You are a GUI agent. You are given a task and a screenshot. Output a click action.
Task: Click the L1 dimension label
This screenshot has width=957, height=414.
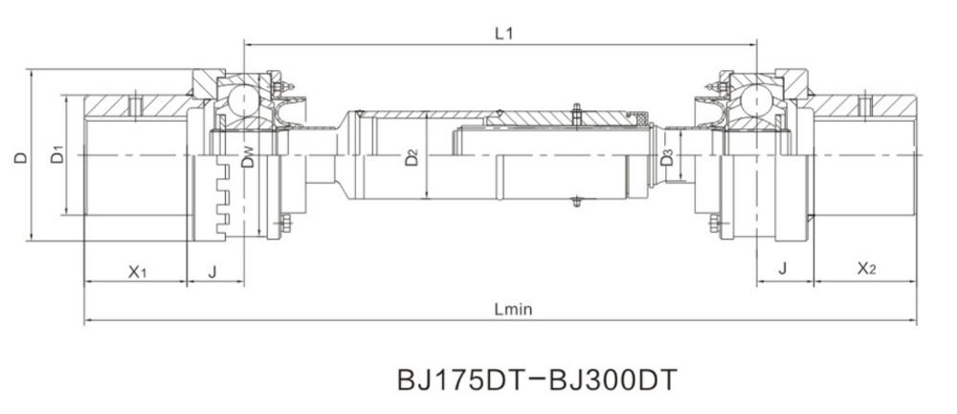pyautogui.click(x=503, y=33)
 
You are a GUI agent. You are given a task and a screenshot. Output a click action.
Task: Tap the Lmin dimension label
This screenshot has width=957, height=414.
pyautogui.click(x=513, y=310)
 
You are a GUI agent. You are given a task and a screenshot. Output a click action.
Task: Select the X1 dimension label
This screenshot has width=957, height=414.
pyautogui.click(x=137, y=271)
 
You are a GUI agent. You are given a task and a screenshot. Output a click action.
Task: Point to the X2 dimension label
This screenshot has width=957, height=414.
pyautogui.click(x=867, y=267)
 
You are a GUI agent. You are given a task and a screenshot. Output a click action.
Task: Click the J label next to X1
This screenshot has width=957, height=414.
pyautogui.click(x=212, y=271)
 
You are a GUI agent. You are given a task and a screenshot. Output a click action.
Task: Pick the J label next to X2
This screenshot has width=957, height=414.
pyautogui.click(x=783, y=267)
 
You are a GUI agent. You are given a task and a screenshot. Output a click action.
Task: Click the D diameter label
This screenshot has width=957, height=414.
pyautogui.click(x=21, y=157)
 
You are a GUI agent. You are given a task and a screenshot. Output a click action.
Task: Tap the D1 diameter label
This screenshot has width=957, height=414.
pyautogui.click(x=57, y=154)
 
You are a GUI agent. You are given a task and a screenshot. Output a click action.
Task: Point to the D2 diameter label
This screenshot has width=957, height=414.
pyautogui.click(x=412, y=157)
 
